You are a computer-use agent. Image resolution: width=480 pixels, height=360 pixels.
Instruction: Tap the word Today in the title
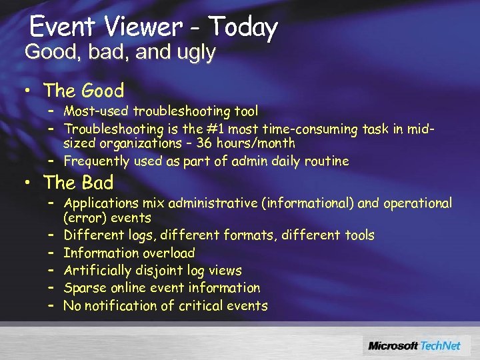click(x=243, y=27)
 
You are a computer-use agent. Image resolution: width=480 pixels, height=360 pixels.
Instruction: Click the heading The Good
click(x=83, y=91)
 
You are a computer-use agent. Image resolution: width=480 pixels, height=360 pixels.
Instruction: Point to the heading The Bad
click(x=78, y=182)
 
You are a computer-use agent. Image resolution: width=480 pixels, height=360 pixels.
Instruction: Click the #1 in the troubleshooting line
click(x=217, y=129)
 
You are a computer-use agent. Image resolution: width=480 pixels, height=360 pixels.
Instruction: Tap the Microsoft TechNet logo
click(x=416, y=345)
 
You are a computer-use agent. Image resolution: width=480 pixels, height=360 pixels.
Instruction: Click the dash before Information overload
click(x=50, y=253)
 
